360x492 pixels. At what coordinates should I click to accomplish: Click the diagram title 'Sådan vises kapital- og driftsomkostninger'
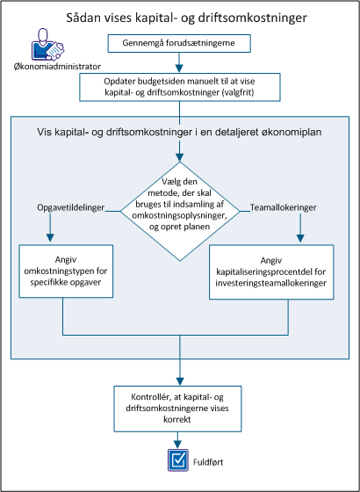pyautogui.click(x=180, y=17)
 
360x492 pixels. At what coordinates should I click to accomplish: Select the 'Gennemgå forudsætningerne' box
pyautogui.click(x=179, y=43)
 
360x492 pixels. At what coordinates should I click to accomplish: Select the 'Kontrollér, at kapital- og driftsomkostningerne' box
pyautogui.click(x=179, y=408)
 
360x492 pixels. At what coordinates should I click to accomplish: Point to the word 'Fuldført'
pyautogui.click(x=211, y=459)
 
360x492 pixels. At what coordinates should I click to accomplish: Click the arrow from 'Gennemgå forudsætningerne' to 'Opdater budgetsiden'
pyautogui.click(x=179, y=62)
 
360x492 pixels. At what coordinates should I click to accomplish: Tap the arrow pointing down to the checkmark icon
pyautogui.click(x=179, y=439)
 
